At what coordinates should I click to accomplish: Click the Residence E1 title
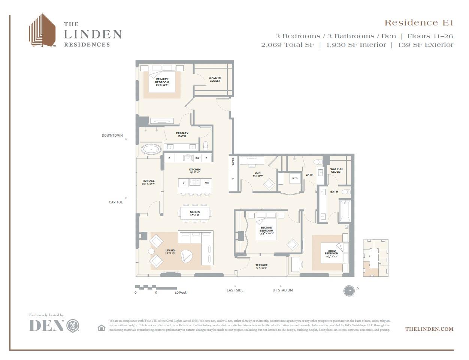(419, 23)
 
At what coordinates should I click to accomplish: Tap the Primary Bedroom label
(162, 81)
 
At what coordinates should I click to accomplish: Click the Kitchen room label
(194, 170)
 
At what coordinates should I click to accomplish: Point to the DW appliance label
(197, 158)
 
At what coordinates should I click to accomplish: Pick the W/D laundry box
(295, 178)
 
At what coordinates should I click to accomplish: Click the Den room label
(257, 174)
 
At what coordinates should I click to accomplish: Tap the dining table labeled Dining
(195, 213)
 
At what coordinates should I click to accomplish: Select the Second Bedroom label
(266, 230)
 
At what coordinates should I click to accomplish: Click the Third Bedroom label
(332, 252)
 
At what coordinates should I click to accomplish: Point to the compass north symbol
(349, 291)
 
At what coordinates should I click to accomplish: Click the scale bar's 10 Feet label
(181, 293)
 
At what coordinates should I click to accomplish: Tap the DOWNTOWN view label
(112, 136)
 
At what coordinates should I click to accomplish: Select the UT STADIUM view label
(282, 290)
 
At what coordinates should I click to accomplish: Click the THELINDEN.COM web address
(429, 329)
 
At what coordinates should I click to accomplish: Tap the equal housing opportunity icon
(101, 328)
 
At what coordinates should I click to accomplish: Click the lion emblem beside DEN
(73, 326)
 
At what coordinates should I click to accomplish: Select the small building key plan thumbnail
(375, 258)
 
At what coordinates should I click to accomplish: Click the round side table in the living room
(151, 251)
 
